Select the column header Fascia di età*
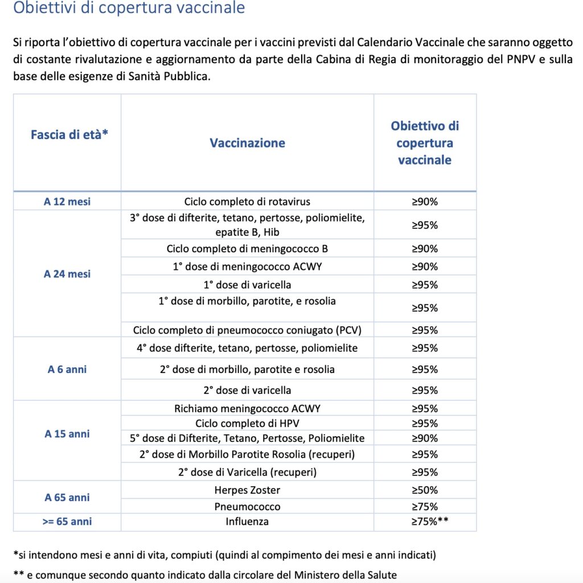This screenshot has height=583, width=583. coord(69,135)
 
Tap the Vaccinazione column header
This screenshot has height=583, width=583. coord(247,143)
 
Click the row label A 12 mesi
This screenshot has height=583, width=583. coord(67,202)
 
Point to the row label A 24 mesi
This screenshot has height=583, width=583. coord(67,274)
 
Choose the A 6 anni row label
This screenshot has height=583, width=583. coord(67,369)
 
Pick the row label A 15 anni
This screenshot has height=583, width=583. coord(67,434)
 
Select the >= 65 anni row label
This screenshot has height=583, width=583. coord(67,522)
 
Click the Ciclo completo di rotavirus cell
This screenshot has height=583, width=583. coord(247,202)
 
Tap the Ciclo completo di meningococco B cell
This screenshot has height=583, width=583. coord(247,249)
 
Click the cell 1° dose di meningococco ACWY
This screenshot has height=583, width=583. coord(247,266)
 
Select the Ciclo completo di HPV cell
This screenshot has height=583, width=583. coord(247,424)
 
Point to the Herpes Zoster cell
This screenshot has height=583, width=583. coord(247,490)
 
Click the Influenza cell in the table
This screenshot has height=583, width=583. coord(247,522)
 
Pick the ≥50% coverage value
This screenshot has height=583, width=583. coord(425,490)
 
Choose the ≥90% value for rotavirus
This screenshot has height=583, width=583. coord(425,202)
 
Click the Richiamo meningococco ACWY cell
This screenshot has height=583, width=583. coord(247,409)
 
